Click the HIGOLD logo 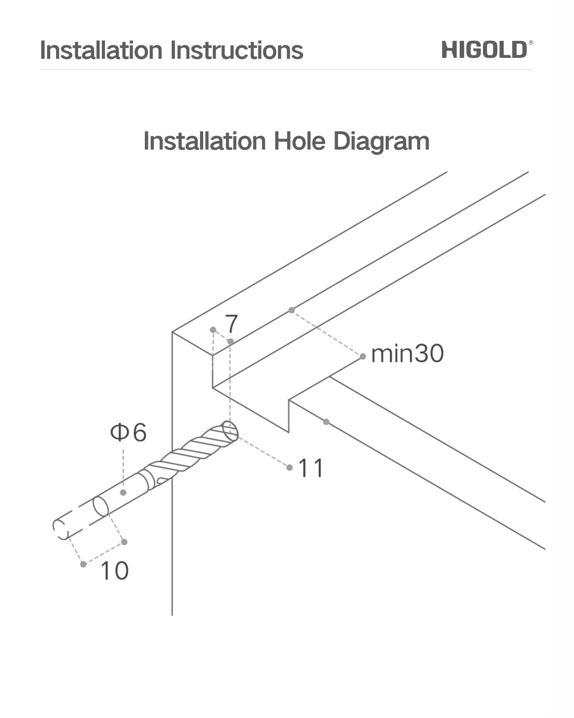point(484,49)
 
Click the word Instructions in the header point(236,50)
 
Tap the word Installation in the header point(101,50)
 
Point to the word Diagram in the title point(381,142)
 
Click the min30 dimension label point(407,354)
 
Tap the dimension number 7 point(232,323)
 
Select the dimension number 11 point(311,468)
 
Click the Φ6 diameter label point(128,433)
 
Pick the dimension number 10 point(114,571)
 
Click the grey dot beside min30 point(363,356)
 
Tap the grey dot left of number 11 point(290,468)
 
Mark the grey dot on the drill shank point(123,492)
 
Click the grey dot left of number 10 point(83,564)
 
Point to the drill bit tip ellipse point(230,431)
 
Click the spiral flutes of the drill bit point(193,451)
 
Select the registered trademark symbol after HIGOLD point(531,43)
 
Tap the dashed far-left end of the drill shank point(60,530)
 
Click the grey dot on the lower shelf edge point(326,422)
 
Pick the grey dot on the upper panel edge point(292,310)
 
